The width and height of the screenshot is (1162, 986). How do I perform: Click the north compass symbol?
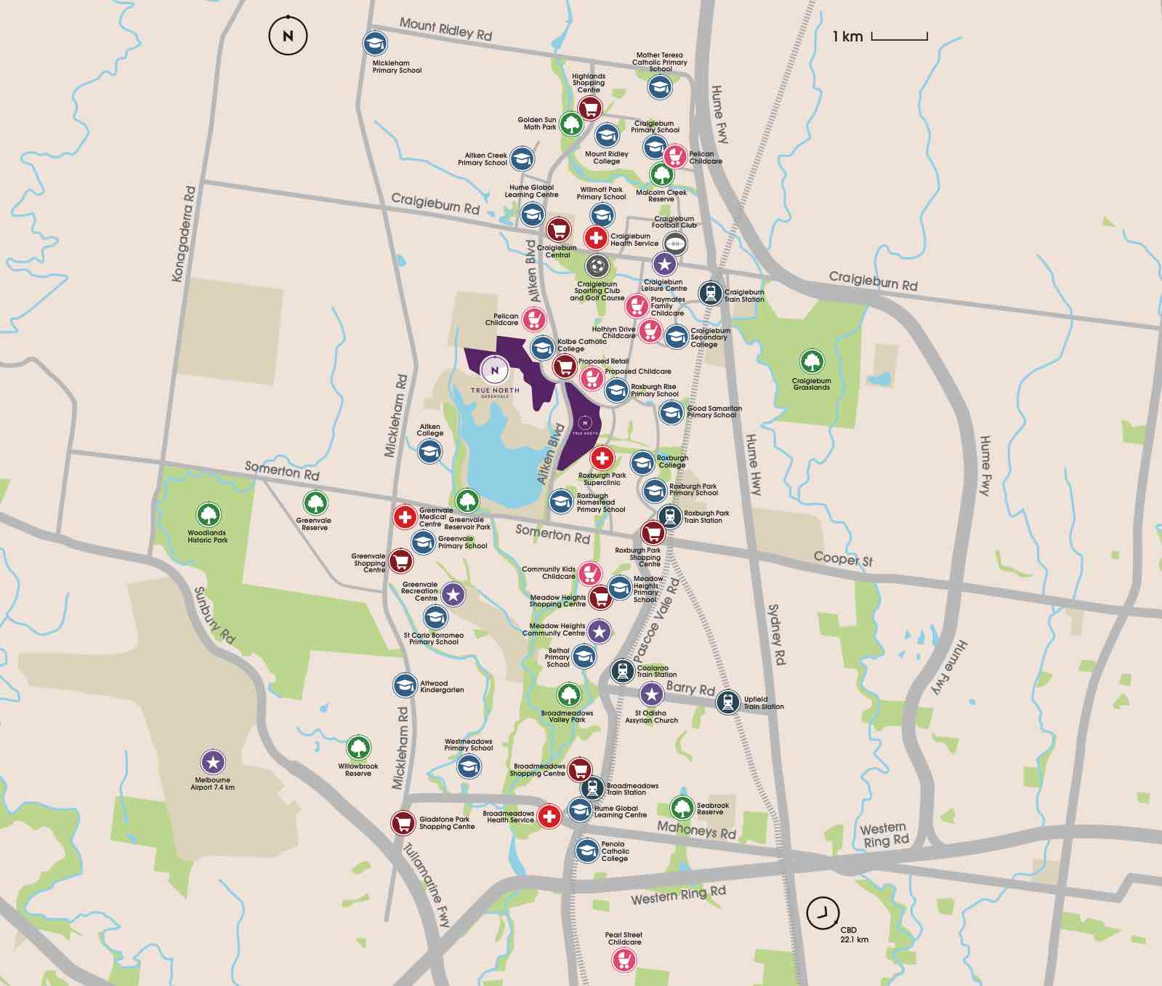pyautogui.click(x=288, y=36)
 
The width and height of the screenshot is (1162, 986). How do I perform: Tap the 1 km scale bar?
pyautogui.click(x=899, y=37)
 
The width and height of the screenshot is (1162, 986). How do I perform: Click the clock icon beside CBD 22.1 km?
pyautogui.click(x=823, y=913)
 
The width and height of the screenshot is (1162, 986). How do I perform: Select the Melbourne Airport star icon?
pyautogui.click(x=213, y=762)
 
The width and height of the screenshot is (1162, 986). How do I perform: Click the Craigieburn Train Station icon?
pyautogui.click(x=710, y=293)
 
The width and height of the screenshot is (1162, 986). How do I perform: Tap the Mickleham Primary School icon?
pyautogui.click(x=375, y=44)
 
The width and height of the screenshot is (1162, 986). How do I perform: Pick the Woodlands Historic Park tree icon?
pyautogui.click(x=208, y=515)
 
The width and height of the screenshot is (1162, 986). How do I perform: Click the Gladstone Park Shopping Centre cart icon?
pyautogui.click(x=403, y=823)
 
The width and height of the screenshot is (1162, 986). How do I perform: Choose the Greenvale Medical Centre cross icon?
pyautogui.click(x=404, y=517)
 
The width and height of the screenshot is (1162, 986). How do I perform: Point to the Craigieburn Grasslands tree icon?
pyautogui.click(x=812, y=361)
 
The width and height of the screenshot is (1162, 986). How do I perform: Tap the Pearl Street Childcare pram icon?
pyautogui.click(x=624, y=960)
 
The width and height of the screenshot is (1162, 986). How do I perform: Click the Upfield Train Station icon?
pyautogui.click(x=727, y=702)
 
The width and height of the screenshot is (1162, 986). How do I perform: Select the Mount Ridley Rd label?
pyautogui.click(x=445, y=29)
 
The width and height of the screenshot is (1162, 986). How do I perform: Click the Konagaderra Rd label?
pyautogui.click(x=183, y=234)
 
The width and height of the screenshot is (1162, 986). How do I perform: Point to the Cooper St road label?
pyautogui.click(x=843, y=558)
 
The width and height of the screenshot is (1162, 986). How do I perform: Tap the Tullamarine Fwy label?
pyautogui.click(x=427, y=884)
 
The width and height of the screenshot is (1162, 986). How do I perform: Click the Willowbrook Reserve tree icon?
pyautogui.click(x=358, y=747)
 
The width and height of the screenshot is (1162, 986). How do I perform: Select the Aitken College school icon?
pyautogui.click(x=429, y=452)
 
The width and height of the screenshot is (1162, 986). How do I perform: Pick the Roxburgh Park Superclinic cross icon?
pyautogui.click(x=602, y=458)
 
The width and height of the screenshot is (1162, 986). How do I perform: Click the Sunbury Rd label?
pyautogui.click(x=214, y=615)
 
